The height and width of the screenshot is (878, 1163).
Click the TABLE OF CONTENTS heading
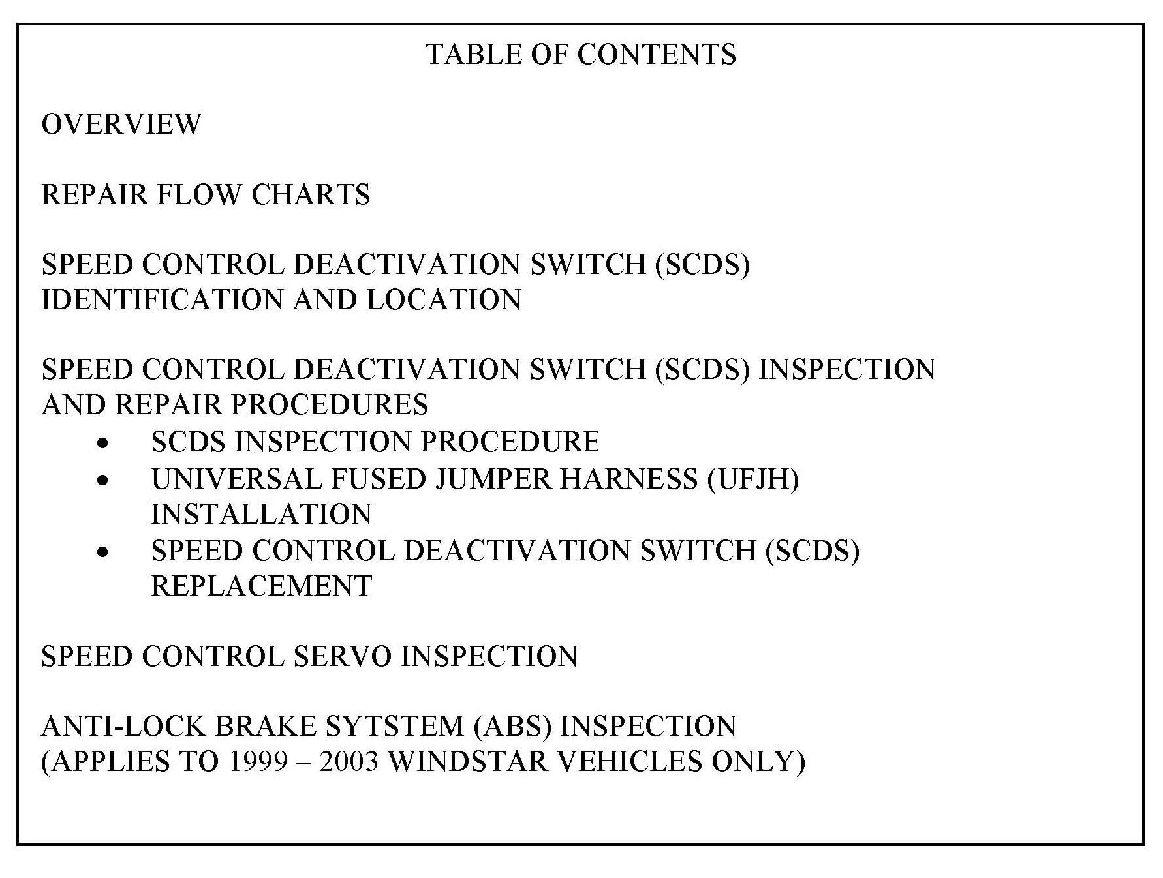[581, 54]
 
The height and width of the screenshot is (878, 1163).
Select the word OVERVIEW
[121, 125]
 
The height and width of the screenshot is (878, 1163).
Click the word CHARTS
[311, 194]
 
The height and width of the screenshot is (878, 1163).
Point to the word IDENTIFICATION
[163, 300]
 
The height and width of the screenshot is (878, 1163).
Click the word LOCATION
[444, 300]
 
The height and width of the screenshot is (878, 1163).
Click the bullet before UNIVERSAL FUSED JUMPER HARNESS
[102, 481]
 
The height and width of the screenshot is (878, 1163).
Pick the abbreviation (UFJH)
[753, 479]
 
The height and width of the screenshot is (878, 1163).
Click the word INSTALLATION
[262, 515]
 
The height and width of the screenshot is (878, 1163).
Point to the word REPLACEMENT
[262, 586]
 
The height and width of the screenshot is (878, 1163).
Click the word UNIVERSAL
[237, 479]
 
